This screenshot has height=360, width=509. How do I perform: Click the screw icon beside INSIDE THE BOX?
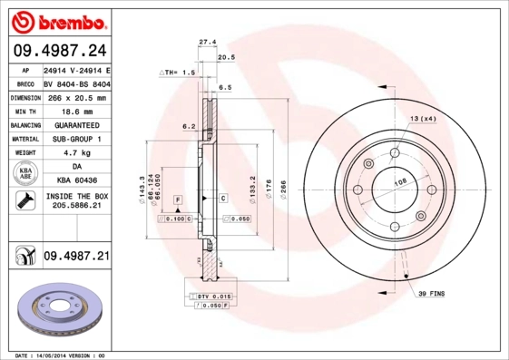coord(21,201)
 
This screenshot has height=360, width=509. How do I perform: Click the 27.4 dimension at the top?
coord(207,42)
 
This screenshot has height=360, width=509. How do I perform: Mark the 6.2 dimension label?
coord(190,126)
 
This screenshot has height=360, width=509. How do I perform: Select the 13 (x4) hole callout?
coord(423,120)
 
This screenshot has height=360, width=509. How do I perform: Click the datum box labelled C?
coord(222,198)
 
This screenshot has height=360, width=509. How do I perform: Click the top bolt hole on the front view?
coord(396,152)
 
